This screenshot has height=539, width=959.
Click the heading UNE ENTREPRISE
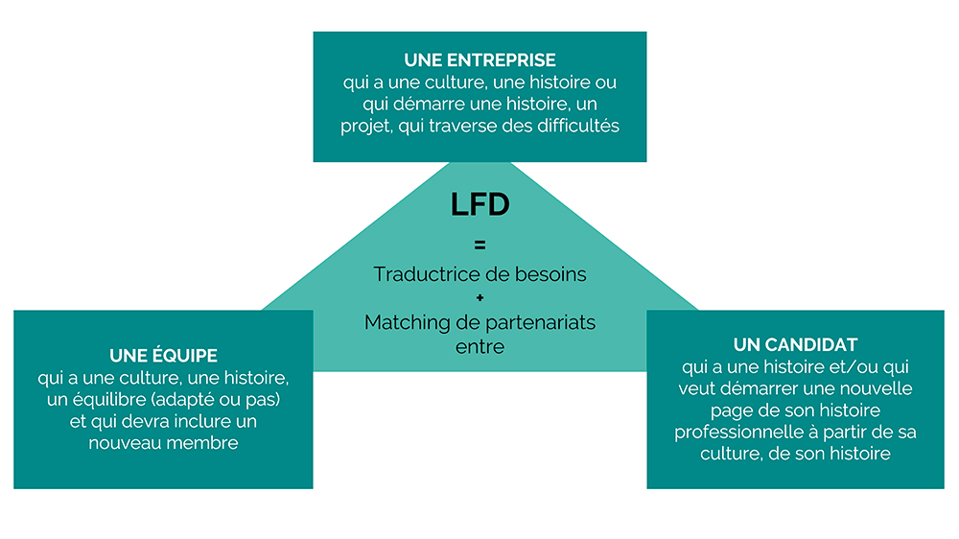479,60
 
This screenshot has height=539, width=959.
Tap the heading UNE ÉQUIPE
163,355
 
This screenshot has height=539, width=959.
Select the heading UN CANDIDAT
795,344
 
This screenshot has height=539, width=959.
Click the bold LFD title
479,205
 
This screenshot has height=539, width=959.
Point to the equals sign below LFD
479,245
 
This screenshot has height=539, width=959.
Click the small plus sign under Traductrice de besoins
479,297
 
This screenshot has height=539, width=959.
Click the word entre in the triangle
479,345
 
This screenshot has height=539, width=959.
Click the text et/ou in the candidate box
844,367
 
